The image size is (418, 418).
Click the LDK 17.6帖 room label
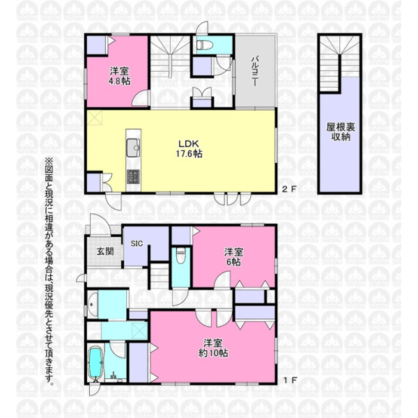coord(189,149)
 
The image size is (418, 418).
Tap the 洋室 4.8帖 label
coord(119,76)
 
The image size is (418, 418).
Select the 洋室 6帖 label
coord(233,257)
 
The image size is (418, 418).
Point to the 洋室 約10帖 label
coord(213,348)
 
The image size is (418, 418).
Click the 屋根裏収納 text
coord(341,132)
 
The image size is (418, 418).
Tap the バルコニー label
coord(255,71)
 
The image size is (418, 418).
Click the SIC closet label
coord(137,243)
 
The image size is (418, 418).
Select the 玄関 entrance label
coord(105,251)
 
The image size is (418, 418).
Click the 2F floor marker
coord(289,189)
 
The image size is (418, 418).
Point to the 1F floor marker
coord(290,380)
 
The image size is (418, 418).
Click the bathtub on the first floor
coord(95,363)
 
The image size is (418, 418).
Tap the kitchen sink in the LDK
coord(133,148)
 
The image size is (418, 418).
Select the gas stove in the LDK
coord(133,176)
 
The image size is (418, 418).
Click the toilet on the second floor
coord(205,45)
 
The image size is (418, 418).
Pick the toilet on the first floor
coord(180,256)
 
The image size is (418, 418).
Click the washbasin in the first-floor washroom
coord(93,304)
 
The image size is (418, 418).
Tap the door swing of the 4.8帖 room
coord(141,99)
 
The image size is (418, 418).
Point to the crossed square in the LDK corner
coord(95,117)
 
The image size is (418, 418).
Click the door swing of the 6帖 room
coord(222,279)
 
